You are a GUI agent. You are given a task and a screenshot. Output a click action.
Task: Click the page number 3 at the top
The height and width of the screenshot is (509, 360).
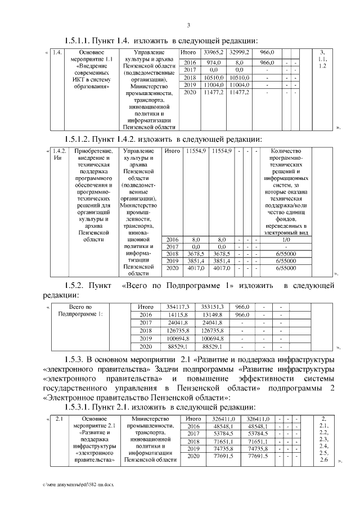click(189, 25)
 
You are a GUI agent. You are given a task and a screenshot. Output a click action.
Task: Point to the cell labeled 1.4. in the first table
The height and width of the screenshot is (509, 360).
click(56, 53)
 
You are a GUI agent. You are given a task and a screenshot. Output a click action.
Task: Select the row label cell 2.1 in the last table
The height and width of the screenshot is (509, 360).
click(59, 419)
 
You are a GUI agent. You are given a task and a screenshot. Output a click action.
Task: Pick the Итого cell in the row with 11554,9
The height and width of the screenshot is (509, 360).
click(172, 151)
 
